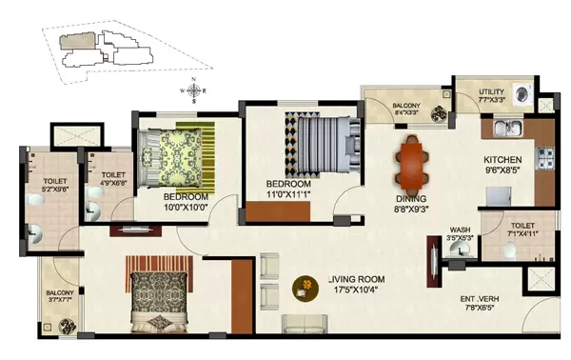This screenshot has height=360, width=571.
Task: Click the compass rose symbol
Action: (194, 92)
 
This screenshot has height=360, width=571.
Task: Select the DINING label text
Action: (413, 199)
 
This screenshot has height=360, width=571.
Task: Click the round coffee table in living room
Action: (305, 285)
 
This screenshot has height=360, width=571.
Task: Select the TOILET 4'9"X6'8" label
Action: (113, 179)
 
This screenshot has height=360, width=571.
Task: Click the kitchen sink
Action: (504, 127)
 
